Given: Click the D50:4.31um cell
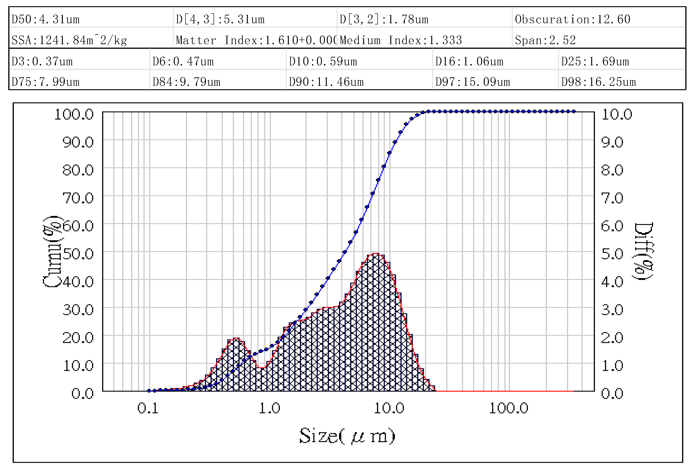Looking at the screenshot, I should (46, 19).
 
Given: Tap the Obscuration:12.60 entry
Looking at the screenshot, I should (572, 19).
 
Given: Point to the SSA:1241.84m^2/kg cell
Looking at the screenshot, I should (69, 40).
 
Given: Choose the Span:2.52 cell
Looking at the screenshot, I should (545, 40).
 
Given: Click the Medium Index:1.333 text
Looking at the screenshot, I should (401, 40).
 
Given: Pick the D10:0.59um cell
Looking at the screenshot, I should (323, 62).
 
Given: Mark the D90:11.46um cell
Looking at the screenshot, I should (326, 82).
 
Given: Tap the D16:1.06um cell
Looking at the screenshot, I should (469, 62).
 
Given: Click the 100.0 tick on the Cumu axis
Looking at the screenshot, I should (74, 115).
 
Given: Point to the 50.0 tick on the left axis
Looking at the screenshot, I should (78, 254).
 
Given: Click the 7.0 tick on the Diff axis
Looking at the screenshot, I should (612, 198).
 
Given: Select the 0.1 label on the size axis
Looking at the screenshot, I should (148, 408).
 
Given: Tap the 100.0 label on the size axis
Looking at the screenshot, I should (509, 408).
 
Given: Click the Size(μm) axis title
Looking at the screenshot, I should (347, 436).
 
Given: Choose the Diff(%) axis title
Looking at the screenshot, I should (643, 251).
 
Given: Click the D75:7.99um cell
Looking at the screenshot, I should (46, 82).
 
